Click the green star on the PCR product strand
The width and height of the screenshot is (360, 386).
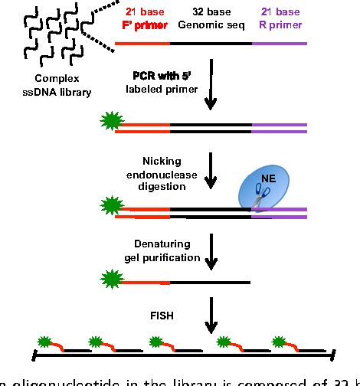[110, 121]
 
